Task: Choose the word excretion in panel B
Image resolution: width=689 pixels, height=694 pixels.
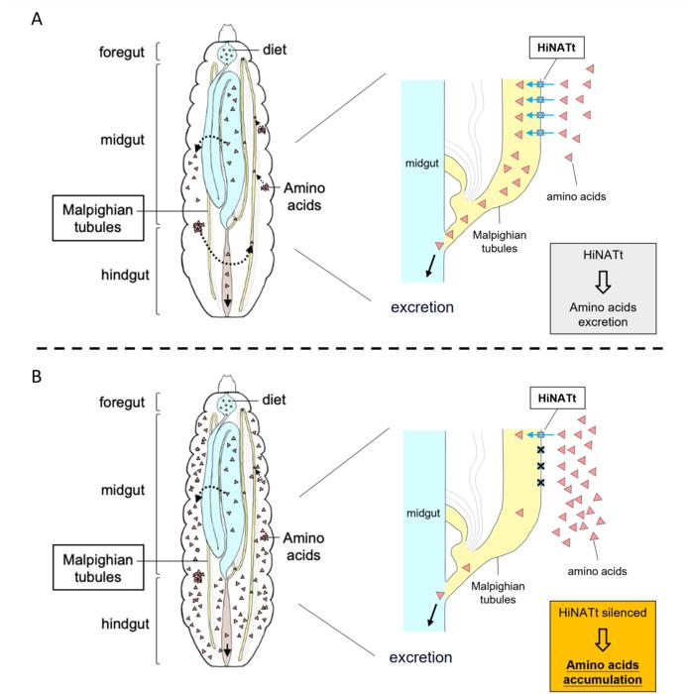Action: click(x=421, y=656)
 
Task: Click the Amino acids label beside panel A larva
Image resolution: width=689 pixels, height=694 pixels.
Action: click(x=310, y=195)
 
